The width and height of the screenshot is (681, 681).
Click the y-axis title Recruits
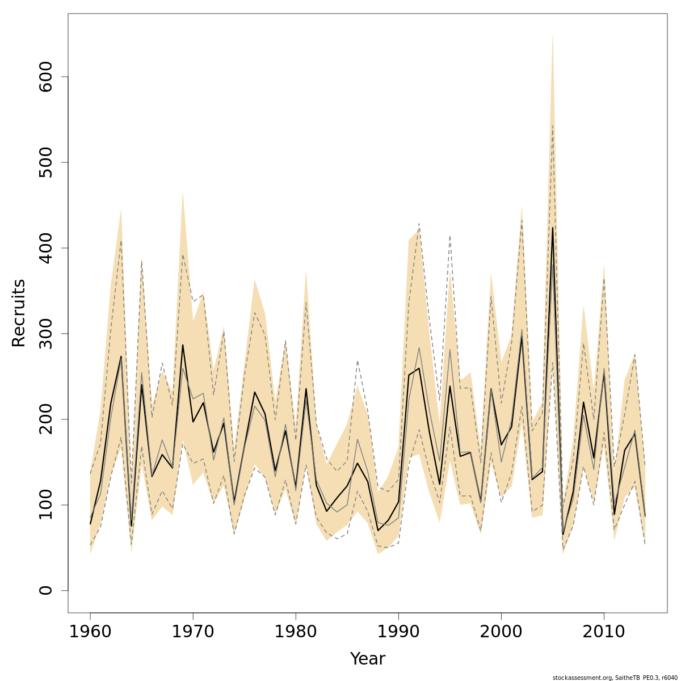(x=19, y=313)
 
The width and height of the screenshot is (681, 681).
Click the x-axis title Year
(x=367, y=659)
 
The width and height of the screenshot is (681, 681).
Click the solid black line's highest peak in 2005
(x=553, y=228)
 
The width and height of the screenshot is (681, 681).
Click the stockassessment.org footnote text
(x=615, y=678)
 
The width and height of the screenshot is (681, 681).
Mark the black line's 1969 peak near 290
(x=183, y=345)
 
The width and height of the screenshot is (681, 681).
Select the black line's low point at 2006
(x=563, y=534)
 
